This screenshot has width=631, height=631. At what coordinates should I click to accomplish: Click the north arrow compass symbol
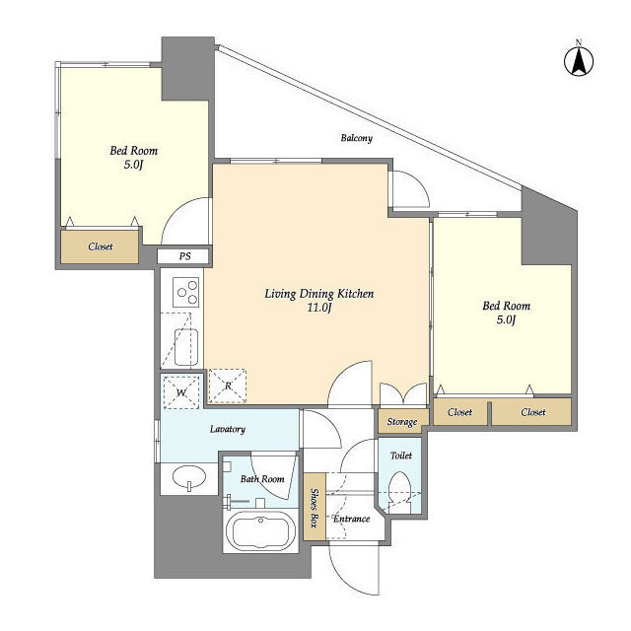(579, 62)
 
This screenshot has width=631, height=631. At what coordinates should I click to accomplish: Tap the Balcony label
(357, 138)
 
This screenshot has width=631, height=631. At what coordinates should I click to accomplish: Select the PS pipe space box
(184, 256)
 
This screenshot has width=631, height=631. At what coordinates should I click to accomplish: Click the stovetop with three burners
(186, 292)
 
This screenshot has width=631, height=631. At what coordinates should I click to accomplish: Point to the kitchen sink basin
(186, 347)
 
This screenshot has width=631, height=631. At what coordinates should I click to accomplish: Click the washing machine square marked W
(181, 392)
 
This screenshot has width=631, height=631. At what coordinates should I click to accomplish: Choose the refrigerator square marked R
(228, 386)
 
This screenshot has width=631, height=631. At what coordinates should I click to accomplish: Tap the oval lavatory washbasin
(189, 477)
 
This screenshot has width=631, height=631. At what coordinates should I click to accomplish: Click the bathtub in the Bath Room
(260, 531)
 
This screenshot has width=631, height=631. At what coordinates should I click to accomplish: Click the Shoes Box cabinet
(315, 507)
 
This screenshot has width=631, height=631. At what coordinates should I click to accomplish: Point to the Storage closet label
(402, 422)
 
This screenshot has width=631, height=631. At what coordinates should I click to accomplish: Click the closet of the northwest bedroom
(100, 246)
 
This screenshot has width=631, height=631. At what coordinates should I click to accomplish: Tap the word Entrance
(351, 519)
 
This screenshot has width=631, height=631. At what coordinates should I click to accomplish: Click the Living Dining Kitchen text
(319, 294)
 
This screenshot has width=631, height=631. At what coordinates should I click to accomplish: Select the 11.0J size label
(319, 308)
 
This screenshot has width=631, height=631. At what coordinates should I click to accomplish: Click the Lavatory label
(228, 430)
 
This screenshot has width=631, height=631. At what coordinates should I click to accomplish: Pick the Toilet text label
(401, 456)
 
